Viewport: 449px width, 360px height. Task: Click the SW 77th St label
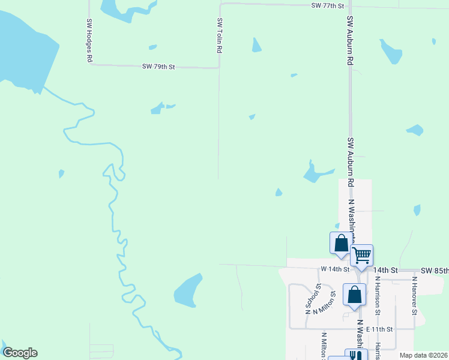point(327,5)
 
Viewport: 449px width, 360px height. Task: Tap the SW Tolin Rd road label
point(220,35)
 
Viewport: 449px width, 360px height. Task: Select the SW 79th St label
point(158,67)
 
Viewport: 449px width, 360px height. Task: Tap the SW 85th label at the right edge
point(435,271)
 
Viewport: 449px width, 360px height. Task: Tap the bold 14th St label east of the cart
point(385,271)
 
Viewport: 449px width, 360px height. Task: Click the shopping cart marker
point(361,255)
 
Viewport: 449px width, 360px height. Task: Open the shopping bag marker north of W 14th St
point(341,243)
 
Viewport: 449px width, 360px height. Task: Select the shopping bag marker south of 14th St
point(354,295)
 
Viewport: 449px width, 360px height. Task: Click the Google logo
point(20,353)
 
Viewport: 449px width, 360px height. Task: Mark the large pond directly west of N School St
point(188,291)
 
